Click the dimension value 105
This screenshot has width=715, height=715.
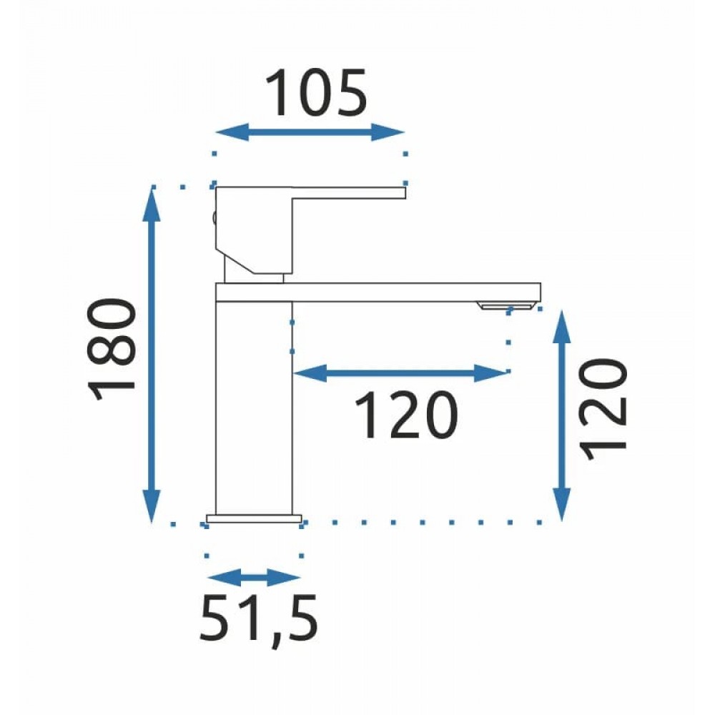(316, 93)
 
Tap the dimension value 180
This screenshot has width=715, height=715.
(112, 350)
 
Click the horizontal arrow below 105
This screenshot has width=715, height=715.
(310, 132)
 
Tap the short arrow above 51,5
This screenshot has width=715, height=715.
(254, 578)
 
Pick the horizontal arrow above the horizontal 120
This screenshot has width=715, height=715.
(401, 373)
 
